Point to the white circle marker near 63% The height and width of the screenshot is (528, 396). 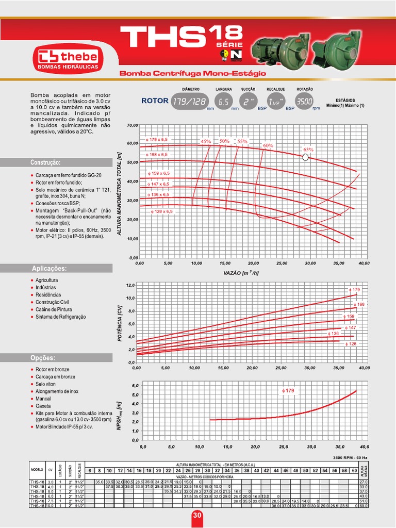pos(305,158)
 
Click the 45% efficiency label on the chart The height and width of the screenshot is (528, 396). pos(206,141)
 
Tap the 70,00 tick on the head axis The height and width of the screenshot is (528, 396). pos(133,125)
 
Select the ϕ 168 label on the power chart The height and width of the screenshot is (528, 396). pos(358,305)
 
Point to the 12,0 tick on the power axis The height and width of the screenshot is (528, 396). pos(129,285)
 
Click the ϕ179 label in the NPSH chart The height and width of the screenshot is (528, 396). pos(288,391)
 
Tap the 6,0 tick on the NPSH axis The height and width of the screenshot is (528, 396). pos(135,386)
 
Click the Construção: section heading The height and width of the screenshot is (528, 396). pos(46,162)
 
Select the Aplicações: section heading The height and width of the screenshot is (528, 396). pos(49,268)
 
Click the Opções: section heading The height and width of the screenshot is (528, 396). pos(43,357)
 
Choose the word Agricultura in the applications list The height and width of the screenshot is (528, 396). pos(47,280)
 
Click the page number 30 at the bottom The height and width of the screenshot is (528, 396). pos(197,516)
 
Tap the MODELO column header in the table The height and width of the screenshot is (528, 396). pos(37,470)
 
